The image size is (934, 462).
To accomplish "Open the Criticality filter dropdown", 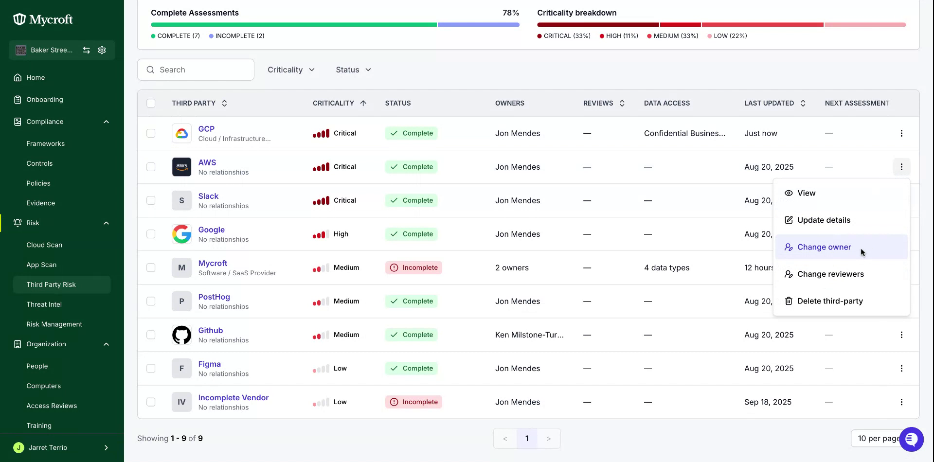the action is pyautogui.click(x=291, y=70).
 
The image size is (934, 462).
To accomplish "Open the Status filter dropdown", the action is pyautogui.click(x=353, y=70).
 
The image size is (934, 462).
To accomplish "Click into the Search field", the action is pyautogui.click(x=196, y=70).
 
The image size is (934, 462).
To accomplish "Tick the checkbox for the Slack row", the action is pyautogui.click(x=151, y=200).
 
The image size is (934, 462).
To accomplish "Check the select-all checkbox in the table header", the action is pyautogui.click(x=151, y=103).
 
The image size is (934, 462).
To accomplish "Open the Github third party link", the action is pyautogui.click(x=210, y=330).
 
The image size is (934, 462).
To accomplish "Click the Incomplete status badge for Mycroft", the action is pyautogui.click(x=413, y=267).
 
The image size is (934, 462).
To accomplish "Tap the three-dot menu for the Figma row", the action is pyautogui.click(x=901, y=369).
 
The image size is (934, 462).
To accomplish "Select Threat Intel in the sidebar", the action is pyautogui.click(x=44, y=304).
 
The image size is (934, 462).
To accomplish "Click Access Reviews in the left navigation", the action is pyautogui.click(x=52, y=406).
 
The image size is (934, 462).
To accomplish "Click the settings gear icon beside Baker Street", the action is pyautogui.click(x=102, y=50).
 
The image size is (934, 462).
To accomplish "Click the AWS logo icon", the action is pyautogui.click(x=181, y=167).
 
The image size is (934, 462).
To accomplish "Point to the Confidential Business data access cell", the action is pyautogui.click(x=684, y=133).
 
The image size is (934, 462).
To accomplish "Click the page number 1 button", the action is pyautogui.click(x=527, y=439).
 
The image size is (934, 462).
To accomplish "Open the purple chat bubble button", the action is pyautogui.click(x=912, y=439).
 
